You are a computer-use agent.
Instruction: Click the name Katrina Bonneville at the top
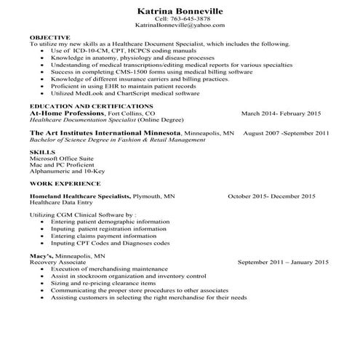[180, 12]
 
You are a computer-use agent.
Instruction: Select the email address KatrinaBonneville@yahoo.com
[180, 25]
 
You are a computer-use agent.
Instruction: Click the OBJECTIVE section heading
[49, 36]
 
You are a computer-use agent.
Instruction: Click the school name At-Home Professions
[66, 113]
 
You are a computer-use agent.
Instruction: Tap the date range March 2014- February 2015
[280, 114]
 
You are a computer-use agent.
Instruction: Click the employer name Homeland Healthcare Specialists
[80, 196]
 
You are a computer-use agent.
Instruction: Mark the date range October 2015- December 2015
[271, 196]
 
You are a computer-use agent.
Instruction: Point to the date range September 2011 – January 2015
[284, 262]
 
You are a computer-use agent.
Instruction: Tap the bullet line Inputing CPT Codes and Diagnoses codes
[111, 243]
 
